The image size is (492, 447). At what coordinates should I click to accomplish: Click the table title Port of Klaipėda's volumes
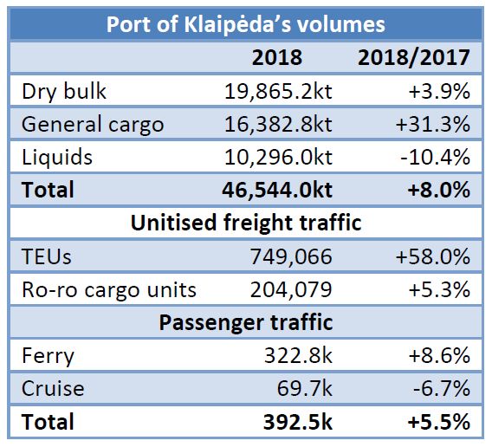[x=246, y=23]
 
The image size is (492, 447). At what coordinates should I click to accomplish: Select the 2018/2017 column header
[x=413, y=58]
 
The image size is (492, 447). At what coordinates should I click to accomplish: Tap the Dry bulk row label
[x=65, y=92]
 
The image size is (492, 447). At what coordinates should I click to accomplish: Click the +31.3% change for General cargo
[x=432, y=124]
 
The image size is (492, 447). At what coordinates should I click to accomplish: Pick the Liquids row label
[x=57, y=157]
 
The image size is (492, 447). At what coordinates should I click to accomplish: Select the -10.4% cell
[x=434, y=157]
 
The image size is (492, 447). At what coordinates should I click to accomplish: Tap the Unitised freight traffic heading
[x=246, y=223]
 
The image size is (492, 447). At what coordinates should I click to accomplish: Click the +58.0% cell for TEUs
[x=432, y=256]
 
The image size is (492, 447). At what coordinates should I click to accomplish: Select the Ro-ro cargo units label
[x=108, y=289]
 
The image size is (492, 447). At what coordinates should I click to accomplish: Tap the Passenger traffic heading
[x=246, y=322]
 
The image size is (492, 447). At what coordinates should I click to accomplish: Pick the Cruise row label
[x=53, y=388]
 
